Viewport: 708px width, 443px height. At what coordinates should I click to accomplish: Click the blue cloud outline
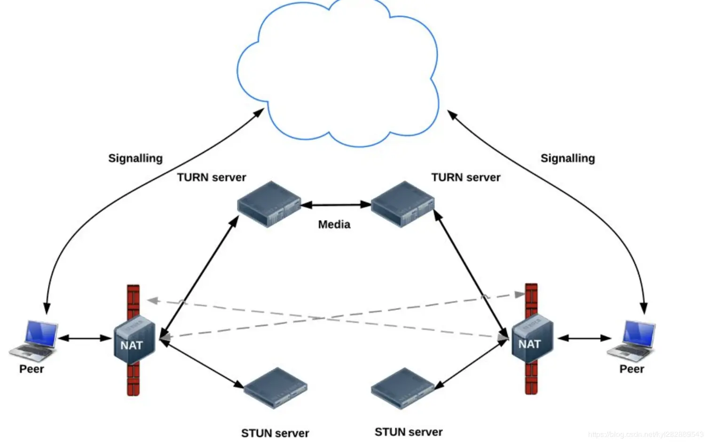[x=337, y=71]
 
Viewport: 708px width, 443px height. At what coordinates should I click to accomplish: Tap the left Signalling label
[x=135, y=158]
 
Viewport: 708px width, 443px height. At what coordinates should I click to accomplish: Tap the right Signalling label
[x=567, y=158]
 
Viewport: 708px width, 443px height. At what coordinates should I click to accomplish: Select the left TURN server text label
[x=212, y=177]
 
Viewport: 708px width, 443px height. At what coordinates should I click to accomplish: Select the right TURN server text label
[x=466, y=177]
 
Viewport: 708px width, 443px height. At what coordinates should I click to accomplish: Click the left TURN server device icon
[x=269, y=204]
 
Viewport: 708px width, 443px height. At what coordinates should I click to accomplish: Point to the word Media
[x=334, y=224]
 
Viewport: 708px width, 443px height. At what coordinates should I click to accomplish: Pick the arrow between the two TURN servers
[x=336, y=205]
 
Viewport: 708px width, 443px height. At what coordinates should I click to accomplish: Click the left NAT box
[x=134, y=340]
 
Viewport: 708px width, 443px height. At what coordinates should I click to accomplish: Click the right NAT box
[x=532, y=339]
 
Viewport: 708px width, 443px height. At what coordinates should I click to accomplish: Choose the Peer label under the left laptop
[x=31, y=369]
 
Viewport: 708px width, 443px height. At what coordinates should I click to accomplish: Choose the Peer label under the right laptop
[x=631, y=369]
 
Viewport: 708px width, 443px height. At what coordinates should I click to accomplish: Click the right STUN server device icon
[x=403, y=388]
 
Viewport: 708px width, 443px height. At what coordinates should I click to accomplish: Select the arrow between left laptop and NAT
[x=85, y=338]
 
